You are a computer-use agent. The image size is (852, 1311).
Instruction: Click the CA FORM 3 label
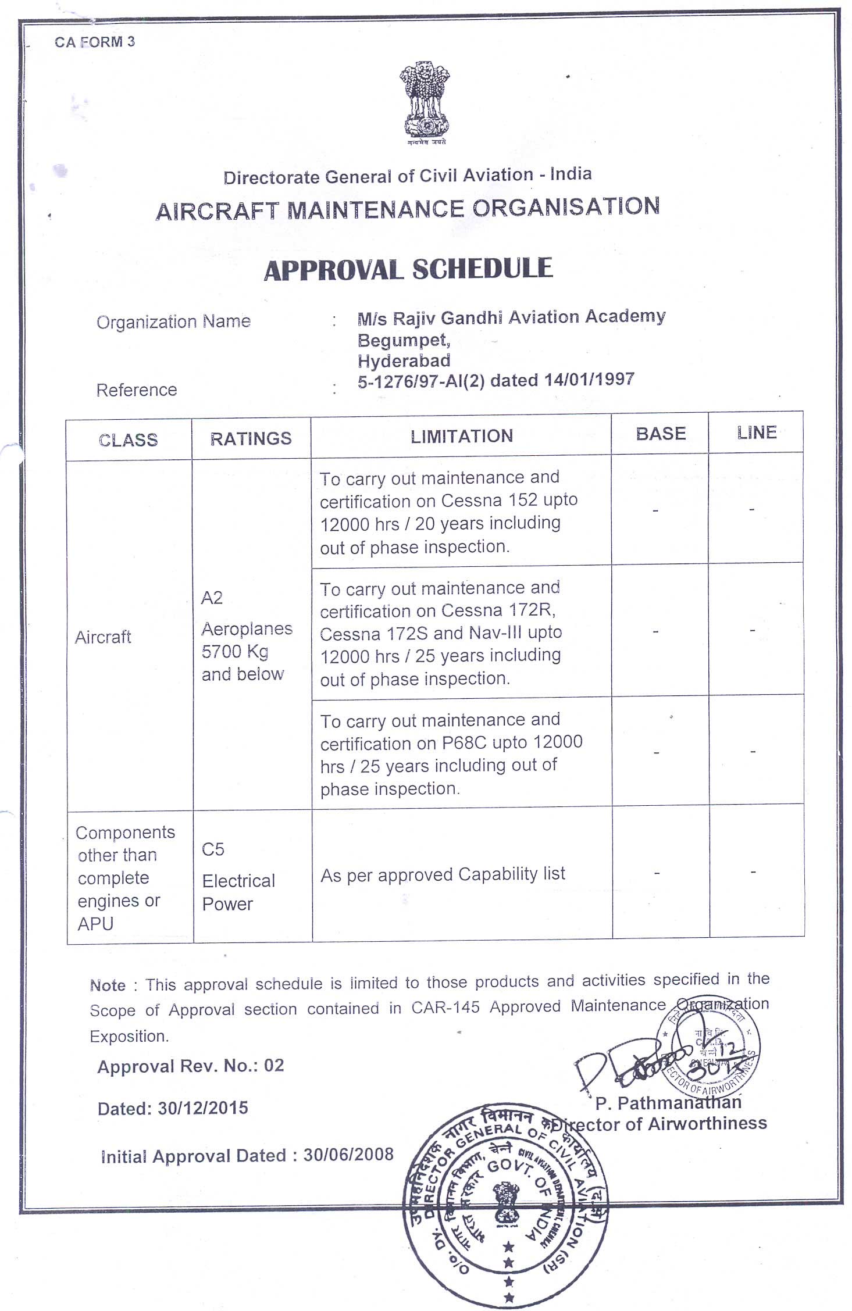pyautogui.click(x=95, y=42)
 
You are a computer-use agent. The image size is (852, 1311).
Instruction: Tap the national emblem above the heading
pyautogui.click(x=426, y=104)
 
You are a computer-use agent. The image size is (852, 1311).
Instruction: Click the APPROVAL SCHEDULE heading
pyautogui.click(x=408, y=270)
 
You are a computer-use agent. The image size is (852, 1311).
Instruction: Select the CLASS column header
pyautogui.click(x=129, y=440)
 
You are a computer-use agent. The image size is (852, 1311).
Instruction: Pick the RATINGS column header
pyautogui.click(x=251, y=439)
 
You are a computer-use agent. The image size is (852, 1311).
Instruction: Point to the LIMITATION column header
pyautogui.click(x=462, y=437)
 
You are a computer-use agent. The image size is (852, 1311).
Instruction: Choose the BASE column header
pyautogui.click(x=661, y=434)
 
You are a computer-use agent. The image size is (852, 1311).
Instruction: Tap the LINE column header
pyautogui.click(x=757, y=433)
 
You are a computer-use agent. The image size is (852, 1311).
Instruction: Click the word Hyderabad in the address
pyautogui.click(x=404, y=361)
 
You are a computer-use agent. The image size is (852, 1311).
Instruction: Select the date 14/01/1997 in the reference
pyautogui.click(x=589, y=380)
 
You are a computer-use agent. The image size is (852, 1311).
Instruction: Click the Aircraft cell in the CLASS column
pyautogui.click(x=103, y=637)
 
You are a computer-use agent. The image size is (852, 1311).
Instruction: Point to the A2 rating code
pyautogui.click(x=212, y=598)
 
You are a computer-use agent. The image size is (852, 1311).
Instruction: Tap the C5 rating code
pyautogui.click(x=213, y=850)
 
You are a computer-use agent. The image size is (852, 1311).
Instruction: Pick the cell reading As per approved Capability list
pyautogui.click(x=443, y=874)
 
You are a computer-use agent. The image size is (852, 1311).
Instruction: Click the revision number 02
pyautogui.click(x=274, y=1065)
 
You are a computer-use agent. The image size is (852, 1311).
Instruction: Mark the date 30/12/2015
pyautogui.click(x=203, y=1108)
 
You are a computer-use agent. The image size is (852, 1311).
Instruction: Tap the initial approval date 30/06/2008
pyautogui.click(x=348, y=1154)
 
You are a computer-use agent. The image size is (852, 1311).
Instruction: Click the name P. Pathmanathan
pyautogui.click(x=668, y=1102)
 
